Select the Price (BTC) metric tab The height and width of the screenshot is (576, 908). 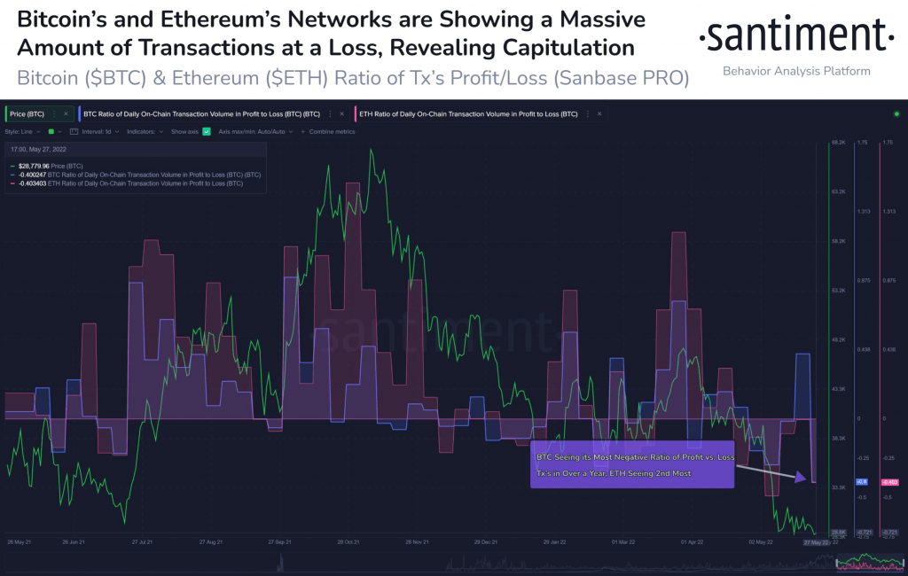pos(27,114)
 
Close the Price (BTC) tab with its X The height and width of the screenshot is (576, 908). pos(66,114)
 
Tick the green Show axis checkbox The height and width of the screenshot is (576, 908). pos(206,131)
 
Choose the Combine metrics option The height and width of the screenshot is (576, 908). pos(331,131)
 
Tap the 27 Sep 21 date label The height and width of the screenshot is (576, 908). pos(281,541)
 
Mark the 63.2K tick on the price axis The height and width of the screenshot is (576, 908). pos(840,191)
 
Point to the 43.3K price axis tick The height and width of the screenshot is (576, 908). pos(840,389)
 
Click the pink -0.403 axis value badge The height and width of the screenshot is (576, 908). pos(889,482)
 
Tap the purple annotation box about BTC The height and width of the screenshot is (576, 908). pos(632,464)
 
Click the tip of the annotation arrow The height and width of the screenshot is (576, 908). pos(806,479)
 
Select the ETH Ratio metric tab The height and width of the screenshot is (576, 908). pos(466,114)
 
